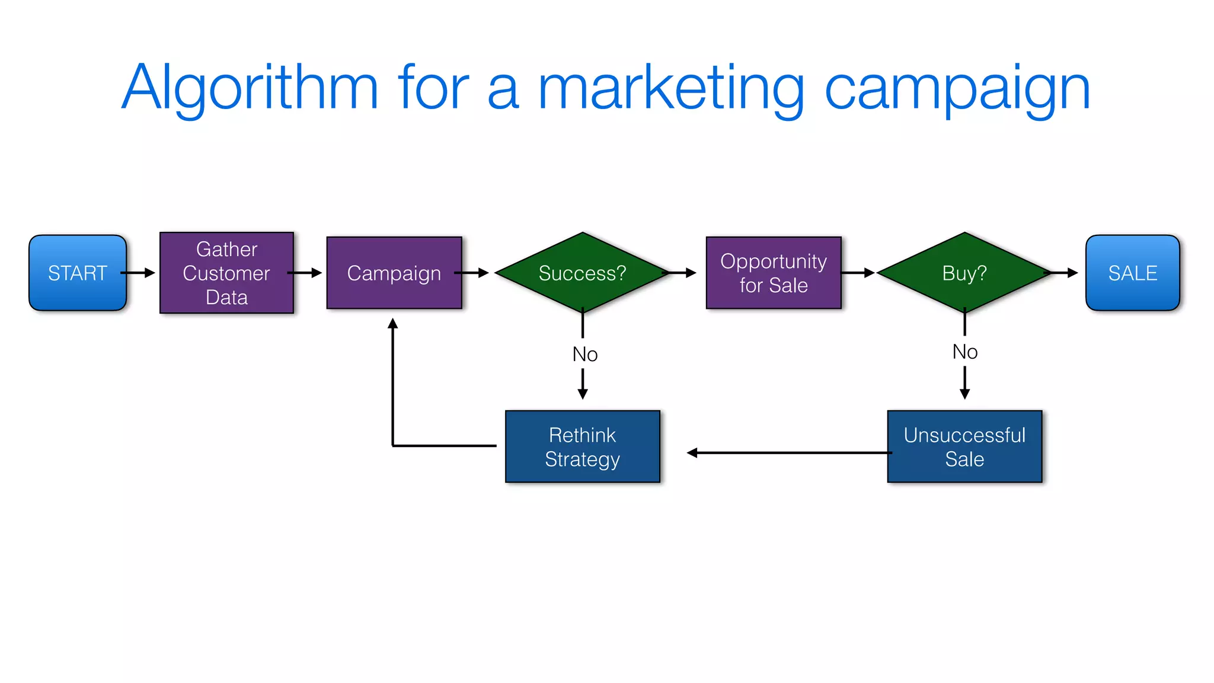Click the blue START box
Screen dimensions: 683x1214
click(x=78, y=273)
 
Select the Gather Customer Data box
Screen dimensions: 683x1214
click(x=226, y=273)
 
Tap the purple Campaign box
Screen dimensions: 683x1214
click(x=394, y=273)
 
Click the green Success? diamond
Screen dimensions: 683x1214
click(x=582, y=273)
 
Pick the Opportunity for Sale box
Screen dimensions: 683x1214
click(x=774, y=273)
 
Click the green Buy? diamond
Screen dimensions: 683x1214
click(x=964, y=273)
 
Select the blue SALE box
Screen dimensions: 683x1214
click(x=1132, y=273)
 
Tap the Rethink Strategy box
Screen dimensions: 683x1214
click(x=582, y=446)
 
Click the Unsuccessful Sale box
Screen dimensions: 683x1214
click(x=964, y=446)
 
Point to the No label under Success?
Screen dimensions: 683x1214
click(x=585, y=354)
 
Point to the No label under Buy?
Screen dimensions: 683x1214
click(x=965, y=352)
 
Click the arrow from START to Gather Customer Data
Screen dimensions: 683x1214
click(x=138, y=273)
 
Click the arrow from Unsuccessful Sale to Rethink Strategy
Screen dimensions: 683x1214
click(x=788, y=453)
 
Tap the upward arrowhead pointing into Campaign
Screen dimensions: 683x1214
click(x=392, y=324)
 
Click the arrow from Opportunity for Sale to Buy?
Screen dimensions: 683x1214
click(x=858, y=273)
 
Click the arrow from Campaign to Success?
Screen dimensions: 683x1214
click(x=472, y=273)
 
